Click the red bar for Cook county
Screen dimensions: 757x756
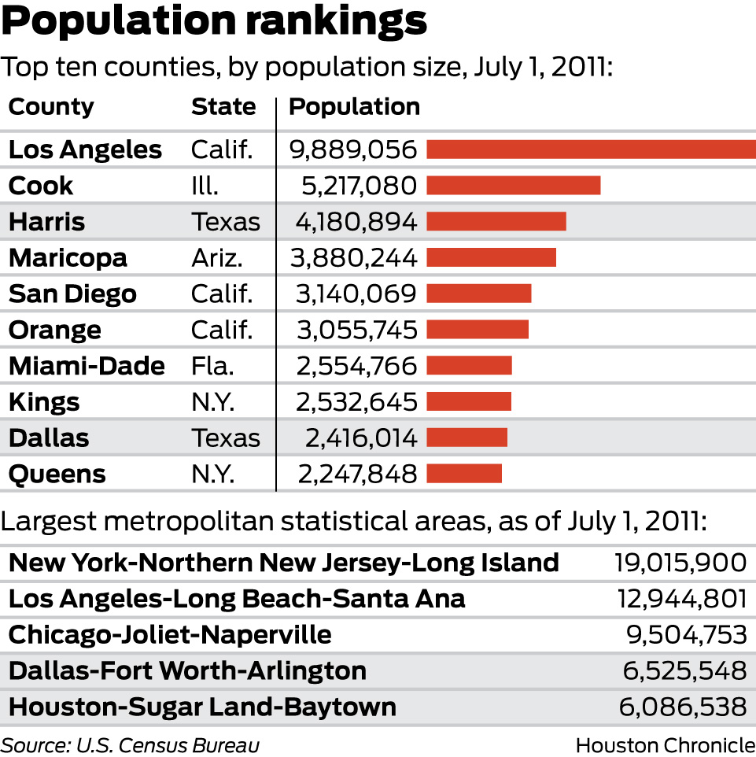pos(513,185)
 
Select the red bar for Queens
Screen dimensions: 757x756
pos(464,474)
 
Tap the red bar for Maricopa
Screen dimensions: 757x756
pos(491,257)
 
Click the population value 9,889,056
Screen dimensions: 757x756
pos(355,150)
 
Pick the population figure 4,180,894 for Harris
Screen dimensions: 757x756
pos(356,222)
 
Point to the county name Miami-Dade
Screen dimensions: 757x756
pos(87,366)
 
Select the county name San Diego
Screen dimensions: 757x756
pos(72,294)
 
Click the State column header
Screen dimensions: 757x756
pos(223,106)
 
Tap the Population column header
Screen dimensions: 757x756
pos(354,106)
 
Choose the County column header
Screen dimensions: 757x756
pos(51,106)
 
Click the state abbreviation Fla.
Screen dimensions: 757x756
pos(212,366)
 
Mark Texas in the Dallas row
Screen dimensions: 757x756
pos(225,438)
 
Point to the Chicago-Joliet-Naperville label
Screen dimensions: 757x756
pos(170,634)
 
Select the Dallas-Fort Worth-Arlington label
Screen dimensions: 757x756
pos(187,670)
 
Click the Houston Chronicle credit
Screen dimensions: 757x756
pos(665,744)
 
